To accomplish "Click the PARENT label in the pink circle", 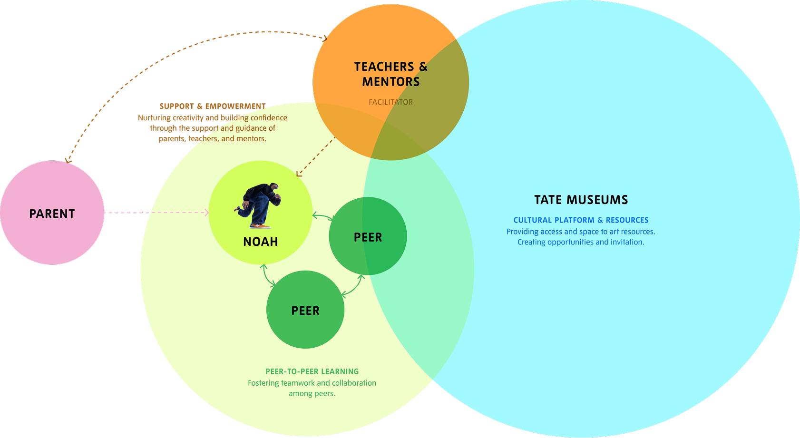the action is [x=52, y=214].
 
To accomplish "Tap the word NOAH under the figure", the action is [x=260, y=242].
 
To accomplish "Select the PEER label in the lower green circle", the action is [x=305, y=311].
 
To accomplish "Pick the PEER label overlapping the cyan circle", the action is [x=368, y=237].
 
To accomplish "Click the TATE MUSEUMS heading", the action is [x=581, y=200].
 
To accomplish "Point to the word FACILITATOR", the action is [x=390, y=102].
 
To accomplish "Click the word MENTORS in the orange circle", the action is [x=391, y=82].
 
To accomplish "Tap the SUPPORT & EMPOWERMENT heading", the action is [x=213, y=106].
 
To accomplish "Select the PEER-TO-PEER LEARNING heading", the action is [x=312, y=371].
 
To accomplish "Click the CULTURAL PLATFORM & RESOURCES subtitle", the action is [x=581, y=220].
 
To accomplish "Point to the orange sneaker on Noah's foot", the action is [x=260, y=226].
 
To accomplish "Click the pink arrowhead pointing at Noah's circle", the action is [x=206, y=213].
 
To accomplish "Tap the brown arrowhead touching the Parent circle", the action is [x=68, y=161].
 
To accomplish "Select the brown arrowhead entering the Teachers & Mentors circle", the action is [x=324, y=38].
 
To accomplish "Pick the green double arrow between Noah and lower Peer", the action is [x=267, y=276].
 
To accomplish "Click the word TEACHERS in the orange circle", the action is [x=384, y=67].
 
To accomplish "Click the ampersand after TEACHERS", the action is [x=423, y=67].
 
